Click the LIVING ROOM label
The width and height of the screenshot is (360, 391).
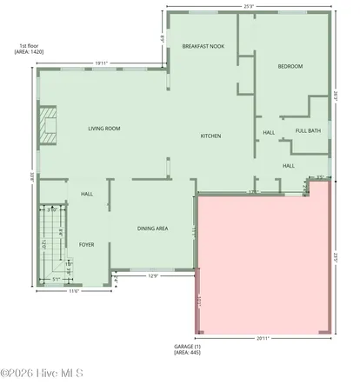[x=103, y=129]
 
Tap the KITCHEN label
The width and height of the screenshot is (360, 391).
[x=210, y=136]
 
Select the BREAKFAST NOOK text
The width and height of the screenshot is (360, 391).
[x=203, y=45]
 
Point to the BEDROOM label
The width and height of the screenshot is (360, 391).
[x=289, y=67]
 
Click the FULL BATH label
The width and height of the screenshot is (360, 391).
[x=308, y=130]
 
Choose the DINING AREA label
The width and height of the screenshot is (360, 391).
[x=152, y=229]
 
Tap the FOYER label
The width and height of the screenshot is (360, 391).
[x=86, y=245]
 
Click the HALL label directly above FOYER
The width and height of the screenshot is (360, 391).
[x=86, y=194]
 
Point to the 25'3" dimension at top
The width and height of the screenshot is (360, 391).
[x=249, y=7]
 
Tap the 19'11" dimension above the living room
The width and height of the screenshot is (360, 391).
[x=102, y=63]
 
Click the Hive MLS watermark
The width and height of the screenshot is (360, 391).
[x=42, y=374]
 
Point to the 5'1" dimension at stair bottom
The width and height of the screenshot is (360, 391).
[x=56, y=279]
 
